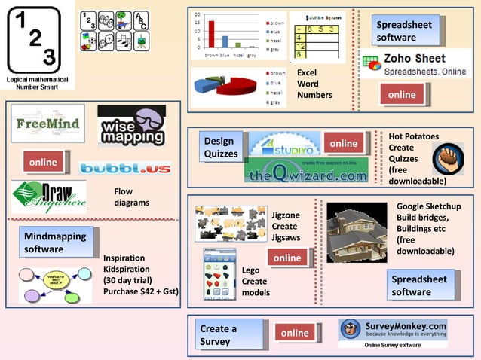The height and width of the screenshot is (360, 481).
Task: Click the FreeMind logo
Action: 47,124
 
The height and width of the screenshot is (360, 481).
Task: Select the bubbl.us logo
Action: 124,168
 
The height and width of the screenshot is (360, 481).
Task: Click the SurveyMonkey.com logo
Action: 392,330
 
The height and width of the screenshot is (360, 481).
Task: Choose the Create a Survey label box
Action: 229,334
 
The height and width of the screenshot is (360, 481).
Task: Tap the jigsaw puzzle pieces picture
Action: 229,223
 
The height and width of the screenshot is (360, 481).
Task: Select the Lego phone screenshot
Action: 219,275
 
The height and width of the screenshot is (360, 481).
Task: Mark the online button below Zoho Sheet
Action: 402,95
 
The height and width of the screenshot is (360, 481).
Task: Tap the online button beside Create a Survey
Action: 294,333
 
